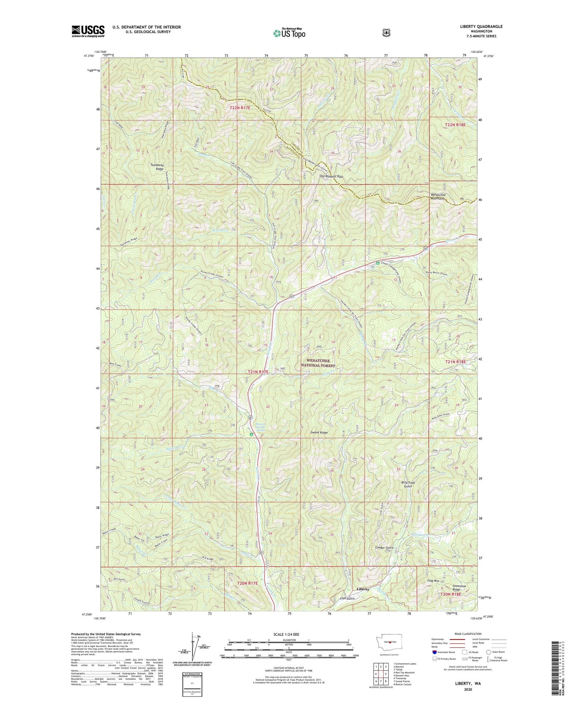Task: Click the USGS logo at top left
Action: point(88,31)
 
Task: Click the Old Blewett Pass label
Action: point(331,176)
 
